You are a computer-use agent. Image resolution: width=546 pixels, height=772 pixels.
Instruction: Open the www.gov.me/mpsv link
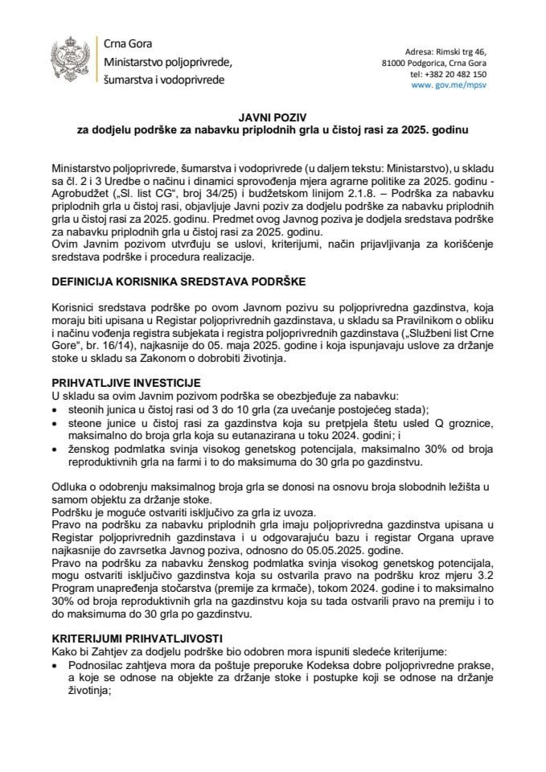[447, 84]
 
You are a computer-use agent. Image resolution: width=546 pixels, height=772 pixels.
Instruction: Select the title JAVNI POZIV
[273, 117]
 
